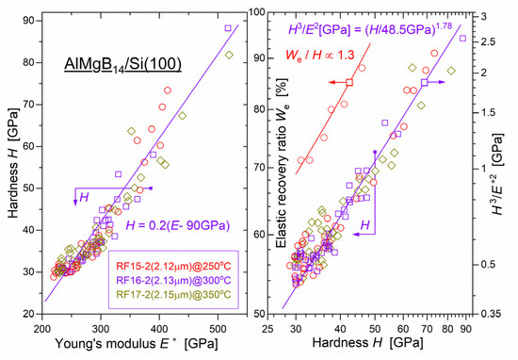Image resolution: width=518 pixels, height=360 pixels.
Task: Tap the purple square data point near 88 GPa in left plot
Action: (x=228, y=28)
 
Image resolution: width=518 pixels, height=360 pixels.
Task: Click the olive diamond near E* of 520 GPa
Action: (x=229, y=54)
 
